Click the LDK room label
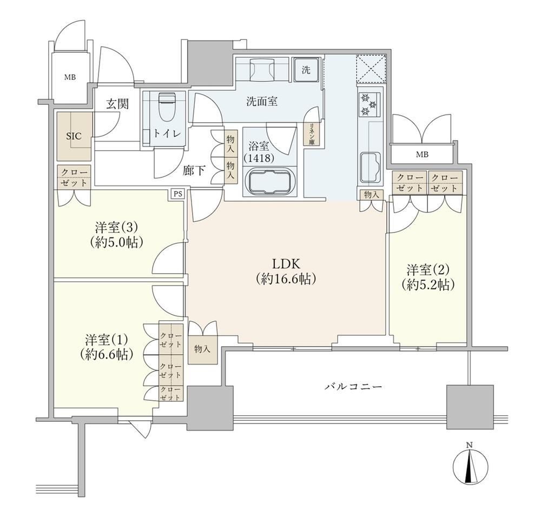click(x=286, y=271)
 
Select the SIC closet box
click(x=74, y=136)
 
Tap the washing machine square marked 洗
click(x=306, y=70)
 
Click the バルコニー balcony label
click(x=354, y=387)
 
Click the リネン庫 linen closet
click(x=312, y=133)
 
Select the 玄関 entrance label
click(x=117, y=104)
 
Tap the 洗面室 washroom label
click(x=262, y=101)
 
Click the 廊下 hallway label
click(x=194, y=171)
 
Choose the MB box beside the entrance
click(x=70, y=77)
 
